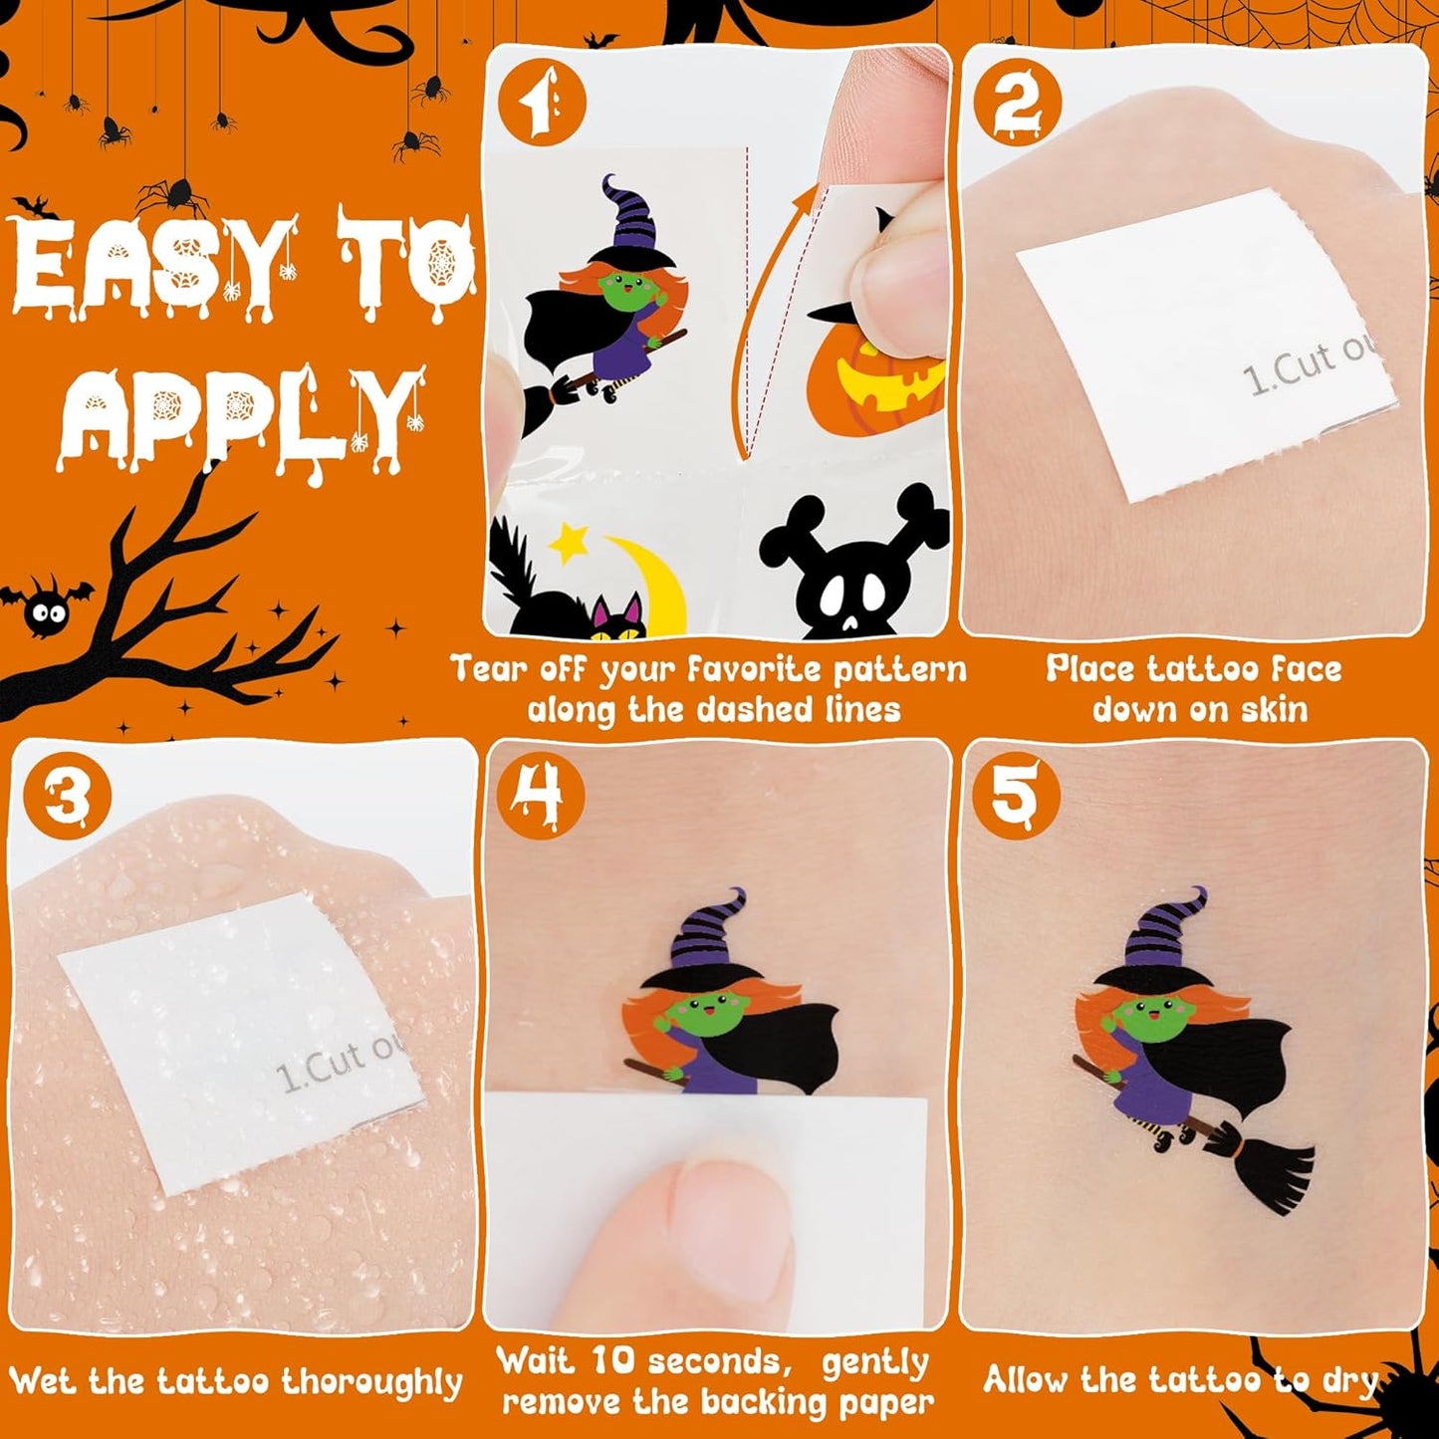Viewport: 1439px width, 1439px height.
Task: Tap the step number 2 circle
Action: pyautogui.click(x=1017, y=103)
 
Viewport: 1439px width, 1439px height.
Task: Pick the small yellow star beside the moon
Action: pyautogui.click(x=569, y=545)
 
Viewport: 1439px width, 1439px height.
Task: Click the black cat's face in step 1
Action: pyautogui.click(x=618, y=619)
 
